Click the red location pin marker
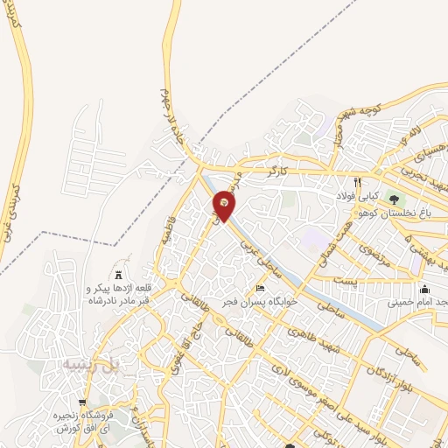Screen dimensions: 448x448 click(x=225, y=206)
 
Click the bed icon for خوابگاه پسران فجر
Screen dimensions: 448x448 click(x=259, y=289)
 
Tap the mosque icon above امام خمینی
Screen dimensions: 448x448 click(x=425, y=290)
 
